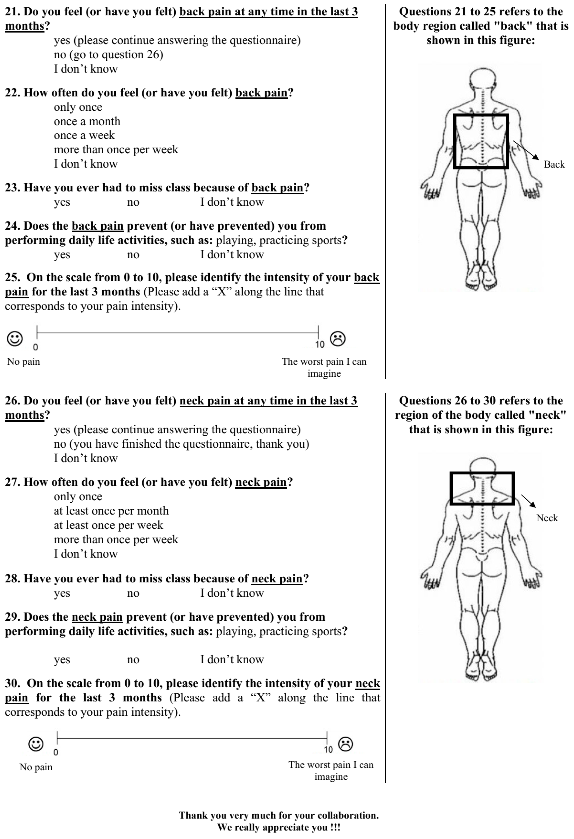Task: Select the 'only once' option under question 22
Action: pyautogui.click(x=78, y=107)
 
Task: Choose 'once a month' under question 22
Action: pyautogui.click(x=87, y=121)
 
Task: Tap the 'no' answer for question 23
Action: pyautogui.click(x=133, y=202)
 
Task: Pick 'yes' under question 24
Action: pyautogui.click(x=62, y=255)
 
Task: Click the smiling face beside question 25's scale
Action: pyautogui.click(x=15, y=339)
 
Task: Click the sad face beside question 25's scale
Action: pyautogui.click(x=338, y=339)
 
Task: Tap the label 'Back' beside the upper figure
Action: pyautogui.click(x=554, y=165)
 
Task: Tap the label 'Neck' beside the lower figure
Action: pyautogui.click(x=547, y=518)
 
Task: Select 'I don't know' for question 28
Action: pyautogui.click(x=232, y=593)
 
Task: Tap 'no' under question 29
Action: pyautogui.click(x=133, y=660)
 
